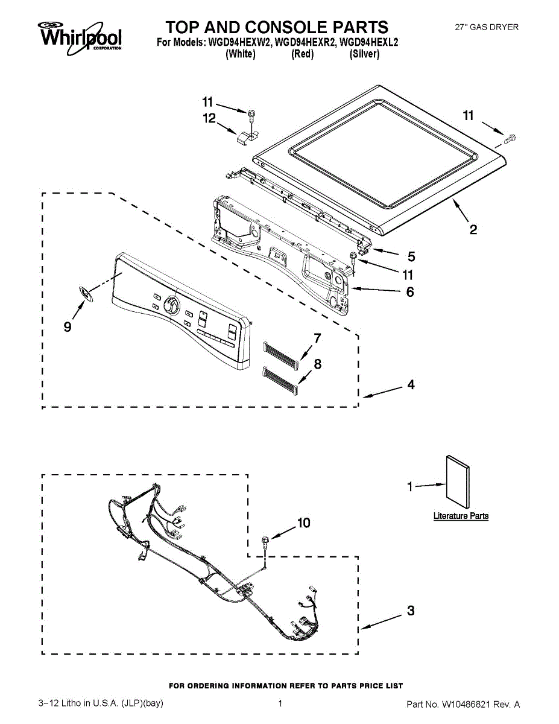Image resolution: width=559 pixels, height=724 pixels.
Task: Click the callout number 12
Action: pyautogui.click(x=209, y=119)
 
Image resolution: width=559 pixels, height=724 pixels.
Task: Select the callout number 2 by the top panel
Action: pyautogui.click(x=473, y=229)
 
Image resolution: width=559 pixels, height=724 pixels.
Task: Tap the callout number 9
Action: pyautogui.click(x=68, y=326)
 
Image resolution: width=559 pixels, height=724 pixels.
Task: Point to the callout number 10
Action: pyautogui.click(x=303, y=522)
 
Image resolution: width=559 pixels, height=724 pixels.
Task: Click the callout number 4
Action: pyautogui.click(x=411, y=384)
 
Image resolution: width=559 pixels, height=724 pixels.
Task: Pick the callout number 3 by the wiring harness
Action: pyautogui.click(x=411, y=611)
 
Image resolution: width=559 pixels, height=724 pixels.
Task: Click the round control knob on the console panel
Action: pyautogui.click(x=171, y=305)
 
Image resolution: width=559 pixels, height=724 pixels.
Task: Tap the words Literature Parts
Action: pyautogui.click(x=461, y=516)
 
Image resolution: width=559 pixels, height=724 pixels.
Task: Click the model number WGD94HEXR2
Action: pyautogui.click(x=305, y=43)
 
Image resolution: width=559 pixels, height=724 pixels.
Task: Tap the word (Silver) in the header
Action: pyautogui.click(x=364, y=54)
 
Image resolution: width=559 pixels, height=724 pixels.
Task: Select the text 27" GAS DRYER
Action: pyautogui.click(x=486, y=27)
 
